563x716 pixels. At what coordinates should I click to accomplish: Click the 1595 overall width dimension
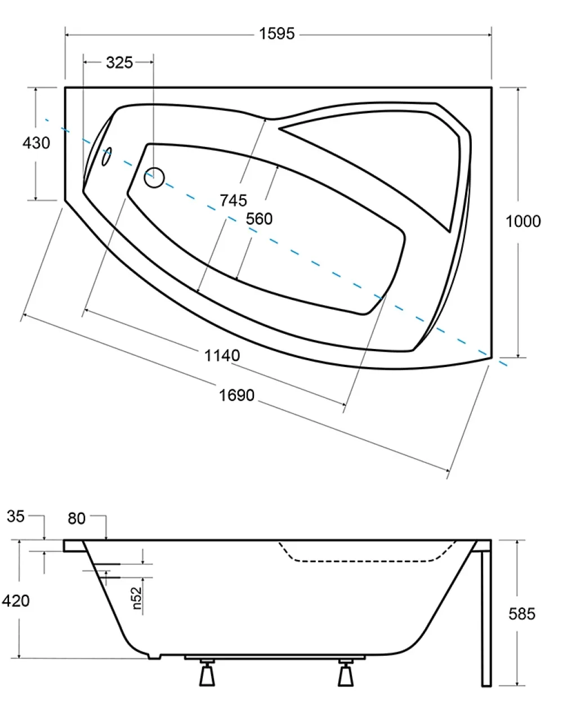277,34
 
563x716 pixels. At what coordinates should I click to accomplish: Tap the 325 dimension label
119,62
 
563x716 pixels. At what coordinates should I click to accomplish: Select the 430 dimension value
36,143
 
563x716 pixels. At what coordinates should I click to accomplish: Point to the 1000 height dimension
523,221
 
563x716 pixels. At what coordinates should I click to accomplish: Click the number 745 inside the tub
233,200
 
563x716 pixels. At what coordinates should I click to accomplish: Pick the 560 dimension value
259,218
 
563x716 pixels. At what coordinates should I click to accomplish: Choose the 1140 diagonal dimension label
222,355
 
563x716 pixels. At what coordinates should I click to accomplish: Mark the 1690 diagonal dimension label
236,395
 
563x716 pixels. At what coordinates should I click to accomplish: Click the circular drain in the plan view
154,177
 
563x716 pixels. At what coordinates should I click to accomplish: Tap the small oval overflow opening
107,156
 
